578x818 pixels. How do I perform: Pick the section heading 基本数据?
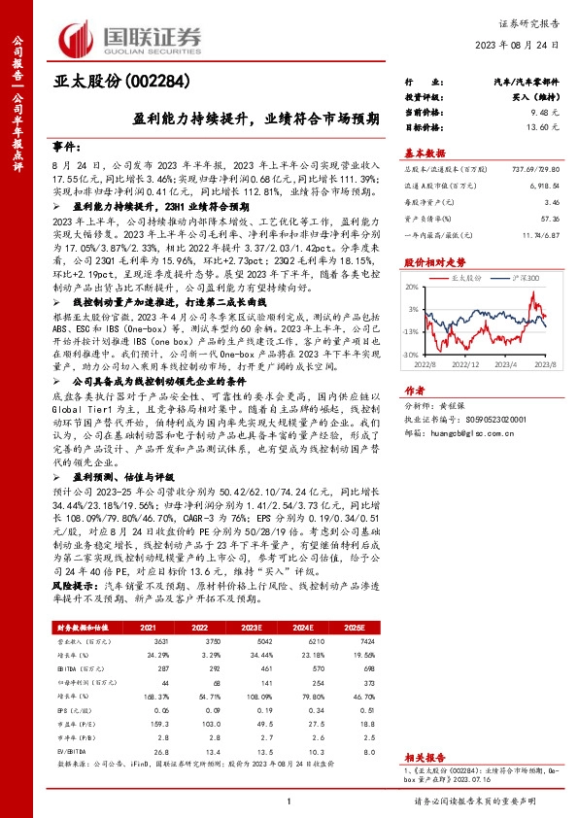(425, 153)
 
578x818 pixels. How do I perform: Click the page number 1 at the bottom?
(289, 801)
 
